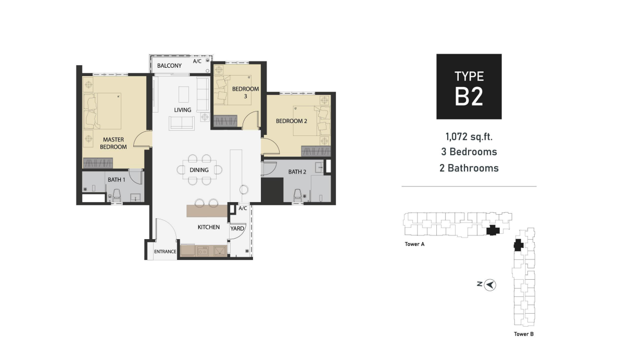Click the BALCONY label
click(169, 66)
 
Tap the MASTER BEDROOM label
click(114, 143)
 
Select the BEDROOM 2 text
click(292, 121)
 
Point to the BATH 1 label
click(117, 180)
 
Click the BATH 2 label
click(297, 172)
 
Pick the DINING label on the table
click(199, 170)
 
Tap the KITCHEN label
click(209, 227)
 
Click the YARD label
click(237, 229)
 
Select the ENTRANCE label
click(165, 252)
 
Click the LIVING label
click(183, 110)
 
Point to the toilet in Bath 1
click(117, 195)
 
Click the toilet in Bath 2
click(298, 195)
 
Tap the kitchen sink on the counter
click(220, 251)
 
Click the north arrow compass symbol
click(490, 285)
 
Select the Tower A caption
click(414, 244)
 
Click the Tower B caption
click(524, 334)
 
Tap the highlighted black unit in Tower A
click(493, 230)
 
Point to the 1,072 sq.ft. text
click(469, 137)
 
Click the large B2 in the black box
click(469, 96)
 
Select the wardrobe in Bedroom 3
click(225, 120)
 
